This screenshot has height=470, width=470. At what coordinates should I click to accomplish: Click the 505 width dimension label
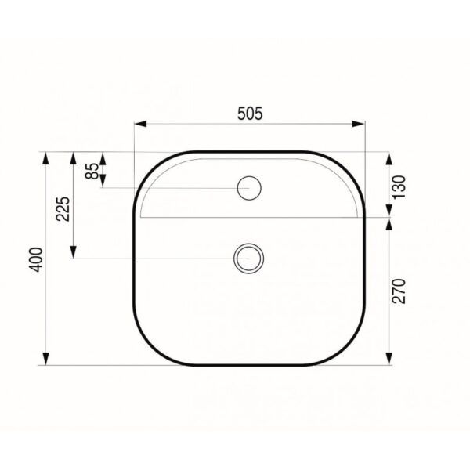(250, 114)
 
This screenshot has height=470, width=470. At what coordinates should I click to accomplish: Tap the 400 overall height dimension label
(36, 259)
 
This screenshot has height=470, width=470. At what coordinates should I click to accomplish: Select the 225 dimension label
(63, 209)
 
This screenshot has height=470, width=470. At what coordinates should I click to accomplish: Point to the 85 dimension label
(92, 171)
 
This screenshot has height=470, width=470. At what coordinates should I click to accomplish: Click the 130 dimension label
(399, 187)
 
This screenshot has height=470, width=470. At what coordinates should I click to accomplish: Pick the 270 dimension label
(399, 291)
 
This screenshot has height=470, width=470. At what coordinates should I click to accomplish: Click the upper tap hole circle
(249, 188)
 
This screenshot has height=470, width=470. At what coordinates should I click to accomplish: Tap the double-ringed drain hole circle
(248, 258)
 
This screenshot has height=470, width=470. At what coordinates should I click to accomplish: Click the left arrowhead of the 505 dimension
(140, 124)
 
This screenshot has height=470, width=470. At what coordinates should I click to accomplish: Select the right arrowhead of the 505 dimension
(358, 124)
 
